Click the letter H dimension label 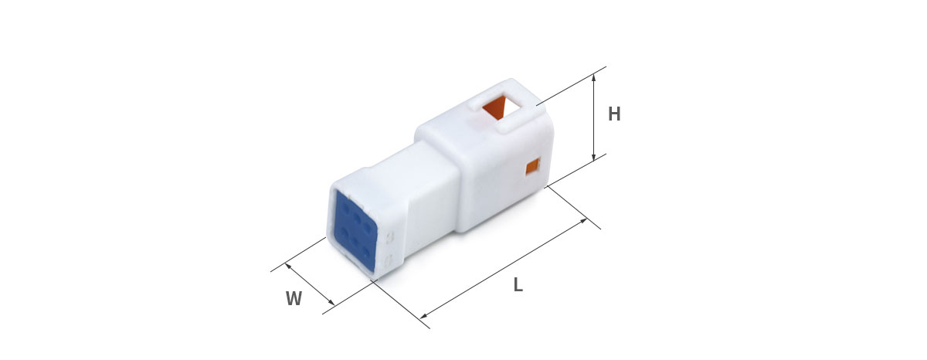pos(614,114)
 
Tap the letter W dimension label pos(294,298)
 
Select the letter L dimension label pos(518,285)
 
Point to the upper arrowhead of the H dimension pos(594,77)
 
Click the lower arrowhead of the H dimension pos(594,157)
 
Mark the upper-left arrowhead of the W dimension pos(288,266)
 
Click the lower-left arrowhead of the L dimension pos(424,316)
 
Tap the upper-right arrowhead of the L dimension pos(582,221)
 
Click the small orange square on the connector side pos(534,167)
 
